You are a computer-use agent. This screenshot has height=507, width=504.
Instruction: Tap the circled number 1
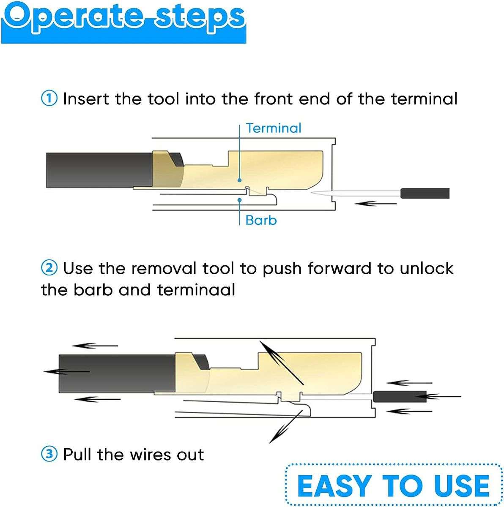(x=49, y=99)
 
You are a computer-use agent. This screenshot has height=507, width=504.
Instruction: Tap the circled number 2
(x=49, y=268)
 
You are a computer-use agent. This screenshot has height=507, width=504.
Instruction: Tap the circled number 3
(x=49, y=455)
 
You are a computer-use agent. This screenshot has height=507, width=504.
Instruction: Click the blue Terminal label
(x=274, y=128)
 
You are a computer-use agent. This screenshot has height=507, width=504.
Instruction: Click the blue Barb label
(x=261, y=220)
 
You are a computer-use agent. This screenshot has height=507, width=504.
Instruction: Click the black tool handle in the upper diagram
(x=425, y=193)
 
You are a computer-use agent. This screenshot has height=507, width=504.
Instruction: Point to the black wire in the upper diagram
(x=97, y=170)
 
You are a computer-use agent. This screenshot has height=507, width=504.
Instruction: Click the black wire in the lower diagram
(x=114, y=372)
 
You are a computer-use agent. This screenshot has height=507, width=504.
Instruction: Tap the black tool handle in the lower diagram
(x=400, y=397)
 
